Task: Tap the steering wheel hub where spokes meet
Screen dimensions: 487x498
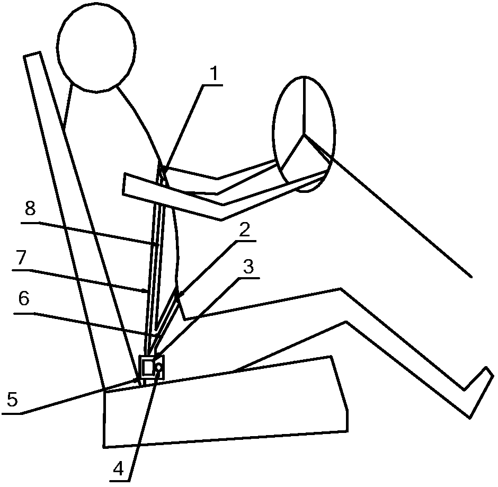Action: (304, 135)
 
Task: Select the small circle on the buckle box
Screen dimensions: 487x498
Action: (158, 366)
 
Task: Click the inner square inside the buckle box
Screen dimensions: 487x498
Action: (147, 367)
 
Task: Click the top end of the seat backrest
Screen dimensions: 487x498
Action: (32, 55)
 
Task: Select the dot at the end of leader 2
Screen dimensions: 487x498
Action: (181, 293)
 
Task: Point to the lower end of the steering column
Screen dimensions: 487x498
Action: (470, 276)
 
